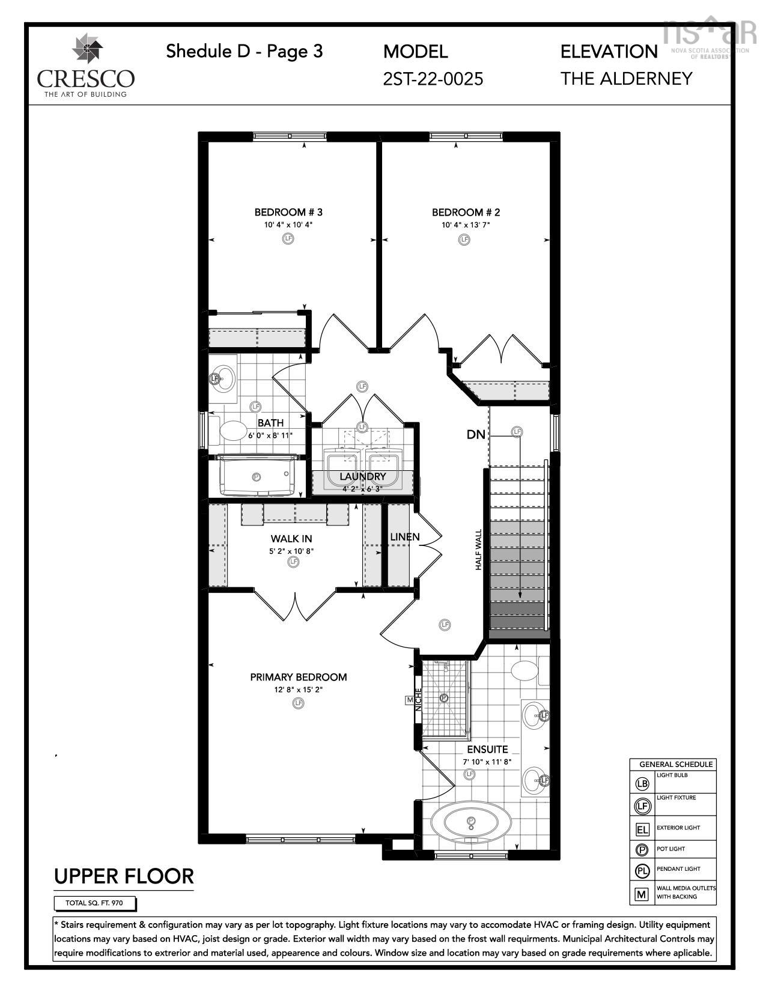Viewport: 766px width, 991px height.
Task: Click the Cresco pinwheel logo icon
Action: [x=88, y=49]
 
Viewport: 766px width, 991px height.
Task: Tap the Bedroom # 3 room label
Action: [x=288, y=212]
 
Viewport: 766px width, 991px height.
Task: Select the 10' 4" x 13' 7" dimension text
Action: [x=466, y=225]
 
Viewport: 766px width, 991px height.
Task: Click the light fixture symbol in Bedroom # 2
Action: [x=464, y=239]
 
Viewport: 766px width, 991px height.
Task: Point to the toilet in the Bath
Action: [x=231, y=430]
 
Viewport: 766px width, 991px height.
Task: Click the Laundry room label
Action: [x=362, y=477]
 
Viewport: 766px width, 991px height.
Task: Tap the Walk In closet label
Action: [x=291, y=539]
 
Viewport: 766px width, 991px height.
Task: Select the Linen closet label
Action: [x=405, y=537]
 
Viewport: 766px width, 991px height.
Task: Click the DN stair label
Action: [x=475, y=434]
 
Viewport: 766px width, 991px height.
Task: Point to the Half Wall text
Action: [x=479, y=550]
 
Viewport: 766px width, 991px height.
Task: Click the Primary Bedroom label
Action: [x=299, y=677]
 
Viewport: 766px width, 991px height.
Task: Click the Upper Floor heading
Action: [x=124, y=876]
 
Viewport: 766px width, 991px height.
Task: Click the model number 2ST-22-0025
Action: [x=433, y=79]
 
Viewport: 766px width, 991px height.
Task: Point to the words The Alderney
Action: [x=627, y=79]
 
